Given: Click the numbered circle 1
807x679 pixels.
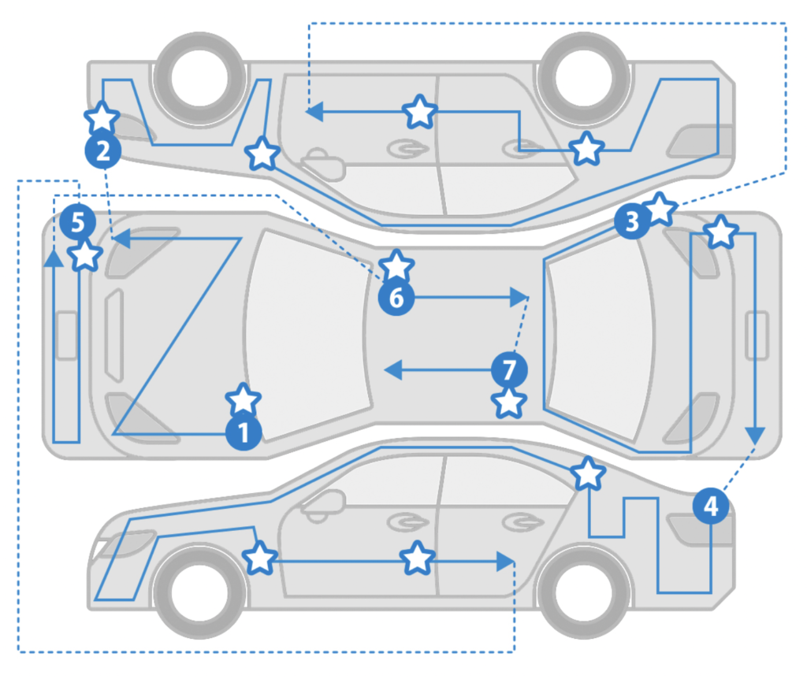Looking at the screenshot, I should point(244,432).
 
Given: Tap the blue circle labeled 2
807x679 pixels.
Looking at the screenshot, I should point(102,150).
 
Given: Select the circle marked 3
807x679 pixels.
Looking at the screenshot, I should point(631,222).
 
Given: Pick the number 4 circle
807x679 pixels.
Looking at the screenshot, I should point(711,506).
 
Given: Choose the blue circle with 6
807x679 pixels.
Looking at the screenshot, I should point(396,297).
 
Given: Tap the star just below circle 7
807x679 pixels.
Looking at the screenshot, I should point(509,403).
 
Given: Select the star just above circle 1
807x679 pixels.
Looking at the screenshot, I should point(243,400).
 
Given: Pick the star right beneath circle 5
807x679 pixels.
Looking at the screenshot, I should point(84,255).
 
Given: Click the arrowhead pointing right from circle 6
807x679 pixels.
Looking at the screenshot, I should point(519,297).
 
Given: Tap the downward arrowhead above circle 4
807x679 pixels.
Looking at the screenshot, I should point(755,435).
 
